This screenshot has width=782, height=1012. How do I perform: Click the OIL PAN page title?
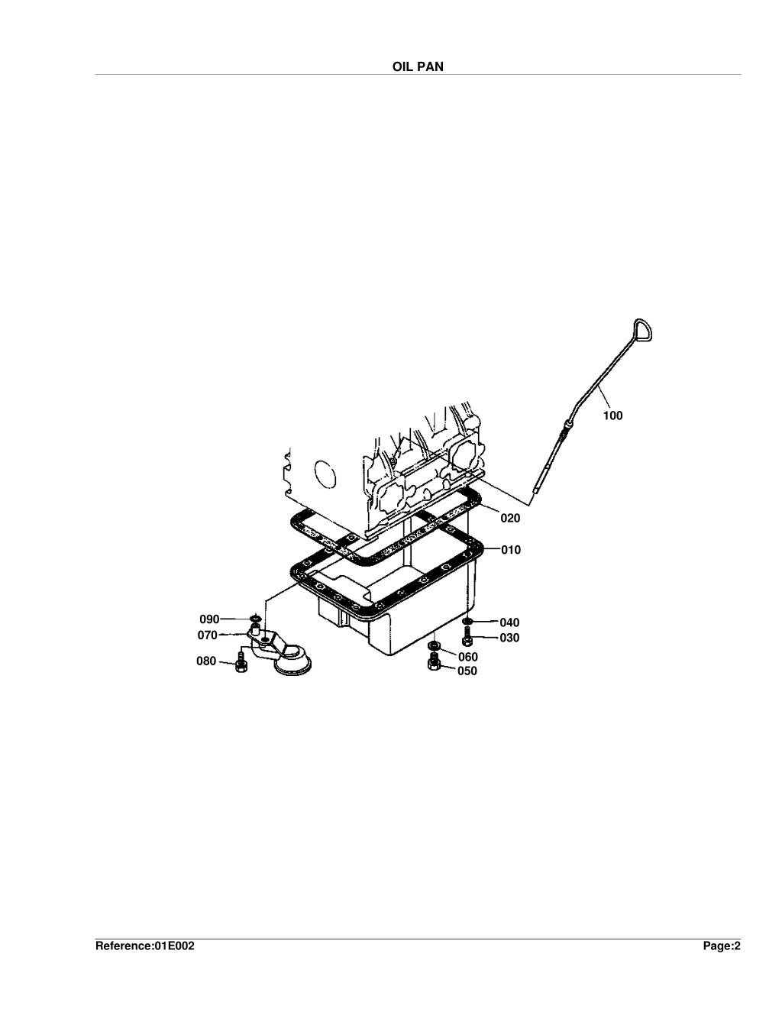[x=418, y=66]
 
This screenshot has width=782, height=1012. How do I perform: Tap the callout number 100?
[x=612, y=415]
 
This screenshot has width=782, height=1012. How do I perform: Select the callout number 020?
[x=510, y=518]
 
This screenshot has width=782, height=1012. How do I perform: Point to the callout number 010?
[x=511, y=550]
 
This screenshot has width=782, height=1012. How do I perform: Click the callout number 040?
[x=509, y=622]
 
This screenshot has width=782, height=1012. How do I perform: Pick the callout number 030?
[x=509, y=638]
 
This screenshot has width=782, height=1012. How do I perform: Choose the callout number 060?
[x=468, y=657]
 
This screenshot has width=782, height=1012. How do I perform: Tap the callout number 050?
[x=467, y=671]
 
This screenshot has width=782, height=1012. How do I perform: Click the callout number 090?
[x=209, y=619]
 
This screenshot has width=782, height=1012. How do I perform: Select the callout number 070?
[x=207, y=635]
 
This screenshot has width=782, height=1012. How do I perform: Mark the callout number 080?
[x=205, y=661]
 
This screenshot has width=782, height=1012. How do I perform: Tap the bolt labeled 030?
[x=467, y=636]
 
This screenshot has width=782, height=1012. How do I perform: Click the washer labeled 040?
[x=467, y=621]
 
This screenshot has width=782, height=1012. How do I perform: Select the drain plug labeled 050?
[x=433, y=661]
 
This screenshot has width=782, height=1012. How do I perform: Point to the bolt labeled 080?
[x=241, y=662]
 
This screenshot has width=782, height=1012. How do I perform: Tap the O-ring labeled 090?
[x=255, y=619]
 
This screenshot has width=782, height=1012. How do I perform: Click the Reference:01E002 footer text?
[x=145, y=946]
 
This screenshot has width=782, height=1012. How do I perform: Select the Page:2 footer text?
[x=722, y=946]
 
